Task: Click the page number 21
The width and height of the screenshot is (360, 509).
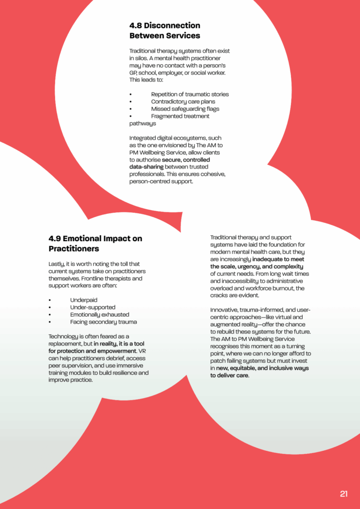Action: pos(344,494)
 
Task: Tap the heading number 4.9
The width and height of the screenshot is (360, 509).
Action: pos(55,238)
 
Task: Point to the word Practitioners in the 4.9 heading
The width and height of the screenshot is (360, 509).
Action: pos(74,249)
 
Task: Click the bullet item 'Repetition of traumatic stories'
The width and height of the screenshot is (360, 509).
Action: pos(190,94)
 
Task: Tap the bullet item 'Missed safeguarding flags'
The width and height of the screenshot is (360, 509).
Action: pos(185,109)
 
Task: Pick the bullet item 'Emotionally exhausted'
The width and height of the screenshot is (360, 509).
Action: pos(99,315)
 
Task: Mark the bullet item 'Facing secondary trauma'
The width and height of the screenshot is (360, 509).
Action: pos(103,322)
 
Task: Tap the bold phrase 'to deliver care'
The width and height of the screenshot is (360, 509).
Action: pos(229,375)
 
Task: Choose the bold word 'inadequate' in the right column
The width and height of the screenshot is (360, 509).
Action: pos(272,259)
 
